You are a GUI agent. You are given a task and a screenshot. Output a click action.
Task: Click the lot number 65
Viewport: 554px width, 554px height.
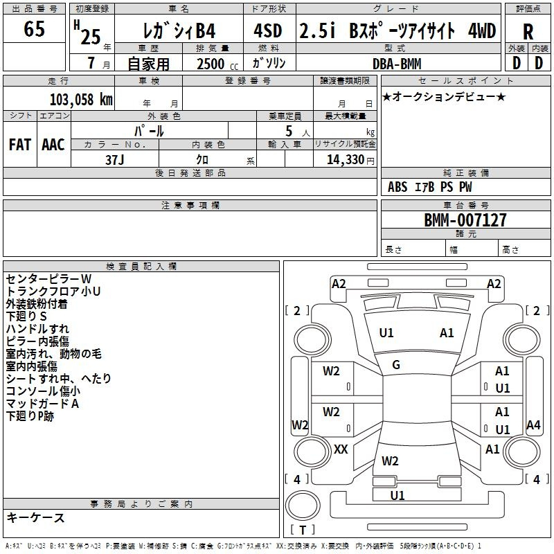coord(35,30)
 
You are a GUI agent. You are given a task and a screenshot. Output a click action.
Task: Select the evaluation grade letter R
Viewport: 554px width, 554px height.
coord(528,30)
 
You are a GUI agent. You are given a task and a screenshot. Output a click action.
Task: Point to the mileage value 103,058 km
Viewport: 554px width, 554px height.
coord(82,100)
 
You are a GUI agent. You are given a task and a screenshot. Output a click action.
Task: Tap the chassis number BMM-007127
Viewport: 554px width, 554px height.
coord(465,220)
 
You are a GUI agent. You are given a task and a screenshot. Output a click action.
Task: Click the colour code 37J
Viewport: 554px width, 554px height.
coord(115,159)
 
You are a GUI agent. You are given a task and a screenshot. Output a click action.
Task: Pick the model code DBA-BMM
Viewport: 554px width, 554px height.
coord(406,64)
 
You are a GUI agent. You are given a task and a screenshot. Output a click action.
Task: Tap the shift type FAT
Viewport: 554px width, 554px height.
coord(20,145)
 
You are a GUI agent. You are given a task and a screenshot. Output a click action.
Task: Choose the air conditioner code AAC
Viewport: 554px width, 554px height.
coord(53,145)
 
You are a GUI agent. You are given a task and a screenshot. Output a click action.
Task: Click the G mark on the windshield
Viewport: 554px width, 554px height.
coord(396,365)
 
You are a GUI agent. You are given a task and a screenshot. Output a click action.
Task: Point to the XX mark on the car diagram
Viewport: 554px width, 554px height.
coord(341,449)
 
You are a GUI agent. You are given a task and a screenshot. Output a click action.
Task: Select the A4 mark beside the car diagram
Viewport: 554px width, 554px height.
coord(533,425)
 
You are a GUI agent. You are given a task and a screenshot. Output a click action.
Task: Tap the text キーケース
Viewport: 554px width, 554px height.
coord(35,518)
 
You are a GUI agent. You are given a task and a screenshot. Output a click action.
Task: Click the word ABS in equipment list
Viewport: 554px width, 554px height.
coord(397,187)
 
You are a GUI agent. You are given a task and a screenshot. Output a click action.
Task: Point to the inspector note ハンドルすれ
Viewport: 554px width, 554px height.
coord(37,329)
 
